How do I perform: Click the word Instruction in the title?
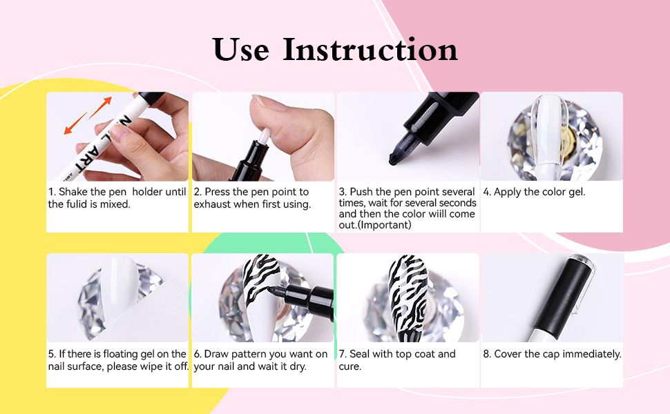coord(370,49)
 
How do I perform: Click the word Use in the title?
coord(241,50)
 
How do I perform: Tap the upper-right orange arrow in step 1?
coord(101,107)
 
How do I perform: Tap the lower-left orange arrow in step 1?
coord(75,124)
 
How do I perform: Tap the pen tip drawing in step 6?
coord(273,290)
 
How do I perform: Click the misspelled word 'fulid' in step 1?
coord(76,204)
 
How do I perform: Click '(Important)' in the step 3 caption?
coord(385,225)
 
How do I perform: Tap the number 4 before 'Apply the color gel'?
coord(486,192)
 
